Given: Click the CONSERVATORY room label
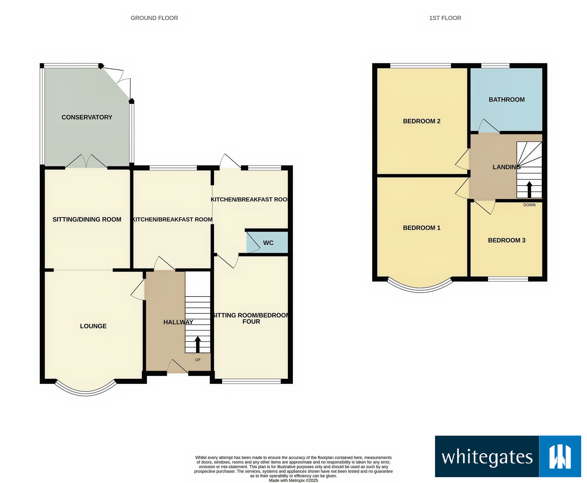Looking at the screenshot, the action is point(87,117).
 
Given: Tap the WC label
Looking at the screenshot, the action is point(268,243).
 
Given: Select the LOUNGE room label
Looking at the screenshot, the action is point(93,326).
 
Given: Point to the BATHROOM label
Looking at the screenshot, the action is point(507,100).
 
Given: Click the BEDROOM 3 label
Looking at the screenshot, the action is point(507,240).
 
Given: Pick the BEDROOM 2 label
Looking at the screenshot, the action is point(421,121).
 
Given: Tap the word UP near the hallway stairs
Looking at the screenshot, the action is point(198,360).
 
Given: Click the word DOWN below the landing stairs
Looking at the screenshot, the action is point(529,205).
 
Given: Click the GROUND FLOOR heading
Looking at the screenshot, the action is point(154,18).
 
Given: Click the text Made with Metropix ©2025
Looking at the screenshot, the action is point(293,480).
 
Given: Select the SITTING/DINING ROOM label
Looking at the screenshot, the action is point(87,220).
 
